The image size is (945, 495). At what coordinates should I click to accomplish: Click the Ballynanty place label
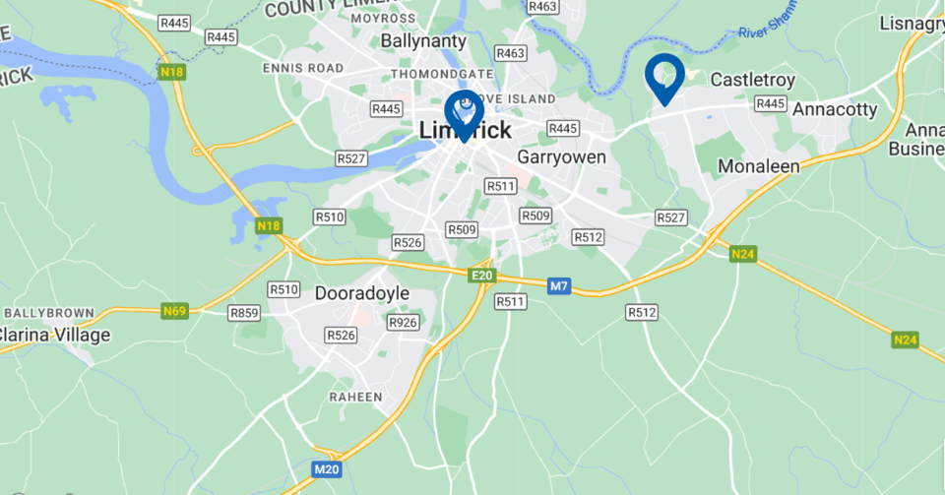click(424, 41)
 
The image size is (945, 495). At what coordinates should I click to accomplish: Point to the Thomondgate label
click(442, 74)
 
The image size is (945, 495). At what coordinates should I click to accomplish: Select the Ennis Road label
click(302, 68)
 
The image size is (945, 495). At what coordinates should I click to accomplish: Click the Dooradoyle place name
click(361, 293)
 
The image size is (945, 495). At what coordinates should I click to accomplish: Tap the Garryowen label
click(561, 156)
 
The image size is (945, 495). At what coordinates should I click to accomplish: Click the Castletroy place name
click(752, 79)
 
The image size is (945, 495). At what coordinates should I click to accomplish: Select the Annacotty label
click(834, 109)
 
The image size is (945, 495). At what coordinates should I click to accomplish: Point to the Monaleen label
click(758, 166)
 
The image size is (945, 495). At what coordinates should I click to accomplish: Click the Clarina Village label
click(55, 335)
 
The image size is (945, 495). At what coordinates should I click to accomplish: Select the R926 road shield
click(403, 322)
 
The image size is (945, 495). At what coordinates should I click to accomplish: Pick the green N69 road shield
click(174, 311)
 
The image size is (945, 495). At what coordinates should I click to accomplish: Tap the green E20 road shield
click(481, 277)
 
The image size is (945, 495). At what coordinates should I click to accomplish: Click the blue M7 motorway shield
click(559, 286)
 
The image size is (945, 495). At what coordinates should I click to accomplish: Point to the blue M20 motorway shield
click(326, 469)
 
